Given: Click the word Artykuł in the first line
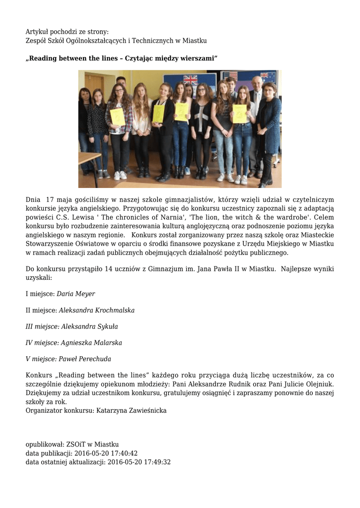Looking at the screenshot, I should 37,32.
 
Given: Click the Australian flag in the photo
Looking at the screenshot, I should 268,77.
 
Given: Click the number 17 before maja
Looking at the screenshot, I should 50,199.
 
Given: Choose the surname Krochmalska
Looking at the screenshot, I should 114,310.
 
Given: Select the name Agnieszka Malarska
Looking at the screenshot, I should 91,343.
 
